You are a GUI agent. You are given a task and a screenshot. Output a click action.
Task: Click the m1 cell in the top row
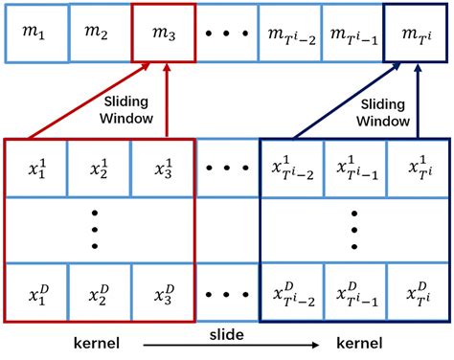(x=34, y=34)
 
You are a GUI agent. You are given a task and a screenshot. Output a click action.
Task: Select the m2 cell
(x=98, y=34)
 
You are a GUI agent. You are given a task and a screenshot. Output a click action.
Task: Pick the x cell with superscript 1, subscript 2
(x=99, y=168)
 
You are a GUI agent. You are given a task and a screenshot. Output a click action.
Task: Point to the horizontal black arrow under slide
(x=227, y=345)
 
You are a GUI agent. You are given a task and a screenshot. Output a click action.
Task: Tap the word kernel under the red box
(x=99, y=343)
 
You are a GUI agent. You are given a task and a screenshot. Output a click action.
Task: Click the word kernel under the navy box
(x=354, y=343)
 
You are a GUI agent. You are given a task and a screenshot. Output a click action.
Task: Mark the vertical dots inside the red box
(x=99, y=231)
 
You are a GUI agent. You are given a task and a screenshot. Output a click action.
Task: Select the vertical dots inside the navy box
(x=353, y=231)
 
